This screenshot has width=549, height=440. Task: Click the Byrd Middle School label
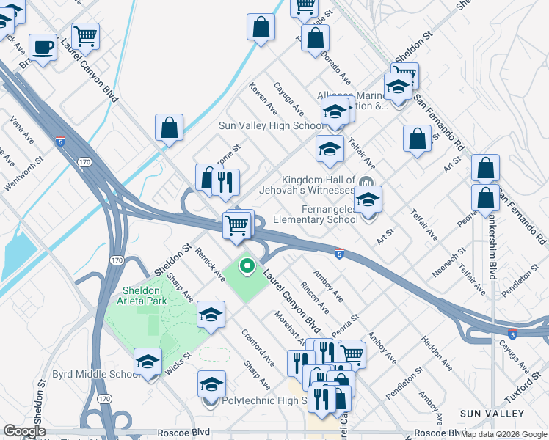[95, 374]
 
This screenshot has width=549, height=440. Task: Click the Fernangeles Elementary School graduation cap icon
[368, 199]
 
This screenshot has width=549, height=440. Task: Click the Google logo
[26, 431]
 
